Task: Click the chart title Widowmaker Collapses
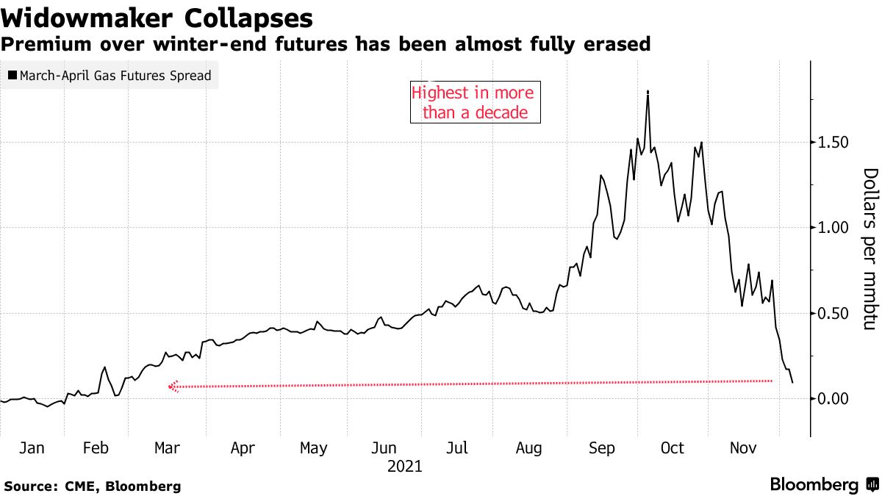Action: click(157, 17)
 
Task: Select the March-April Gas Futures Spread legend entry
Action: click(110, 75)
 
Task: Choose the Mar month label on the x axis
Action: click(168, 448)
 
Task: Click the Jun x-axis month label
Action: click(384, 448)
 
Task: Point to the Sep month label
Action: click(602, 448)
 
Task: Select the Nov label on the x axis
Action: click(745, 448)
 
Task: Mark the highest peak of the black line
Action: click(648, 92)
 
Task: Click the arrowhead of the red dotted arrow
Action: click(173, 387)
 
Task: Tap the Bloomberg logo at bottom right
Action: click(823, 485)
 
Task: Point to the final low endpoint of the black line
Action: click(792, 382)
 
